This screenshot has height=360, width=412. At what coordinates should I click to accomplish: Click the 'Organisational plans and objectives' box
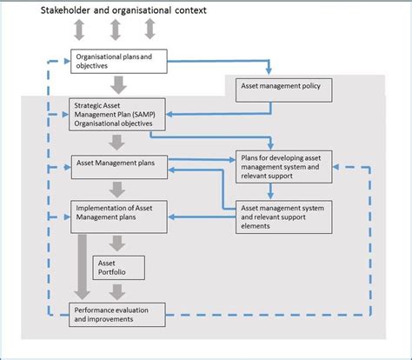(x=119, y=61)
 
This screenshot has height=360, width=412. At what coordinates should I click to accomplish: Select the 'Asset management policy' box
(x=284, y=90)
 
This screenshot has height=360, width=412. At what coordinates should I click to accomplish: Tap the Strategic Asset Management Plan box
(x=117, y=115)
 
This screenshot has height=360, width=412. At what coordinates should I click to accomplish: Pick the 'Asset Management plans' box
(x=119, y=167)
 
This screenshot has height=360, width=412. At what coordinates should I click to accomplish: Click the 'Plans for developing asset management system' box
(x=284, y=167)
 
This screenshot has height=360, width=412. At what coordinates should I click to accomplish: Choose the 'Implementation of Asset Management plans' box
(x=119, y=217)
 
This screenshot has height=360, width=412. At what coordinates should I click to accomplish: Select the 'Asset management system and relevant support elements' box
(x=284, y=217)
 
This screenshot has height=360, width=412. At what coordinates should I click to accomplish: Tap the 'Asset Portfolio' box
(x=119, y=268)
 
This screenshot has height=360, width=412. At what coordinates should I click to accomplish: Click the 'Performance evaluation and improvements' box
(x=117, y=315)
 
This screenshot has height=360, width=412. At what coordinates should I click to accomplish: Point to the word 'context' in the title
(x=190, y=10)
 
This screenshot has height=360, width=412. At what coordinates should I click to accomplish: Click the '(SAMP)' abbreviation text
(x=143, y=115)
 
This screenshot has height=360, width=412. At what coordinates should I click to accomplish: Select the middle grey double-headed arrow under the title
(x=116, y=30)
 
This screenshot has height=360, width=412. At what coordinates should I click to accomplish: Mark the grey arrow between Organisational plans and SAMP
(x=118, y=85)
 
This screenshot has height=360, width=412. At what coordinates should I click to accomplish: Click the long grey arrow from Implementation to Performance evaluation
(x=83, y=267)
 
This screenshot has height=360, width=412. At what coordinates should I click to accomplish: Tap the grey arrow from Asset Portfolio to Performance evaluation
(x=117, y=292)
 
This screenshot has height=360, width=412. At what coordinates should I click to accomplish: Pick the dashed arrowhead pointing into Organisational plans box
(x=67, y=61)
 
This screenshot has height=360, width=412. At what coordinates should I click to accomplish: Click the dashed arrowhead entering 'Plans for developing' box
(x=336, y=167)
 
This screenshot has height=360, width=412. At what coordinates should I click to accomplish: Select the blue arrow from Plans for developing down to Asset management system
(x=270, y=191)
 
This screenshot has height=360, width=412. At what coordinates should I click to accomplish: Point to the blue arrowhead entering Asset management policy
(x=269, y=70)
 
